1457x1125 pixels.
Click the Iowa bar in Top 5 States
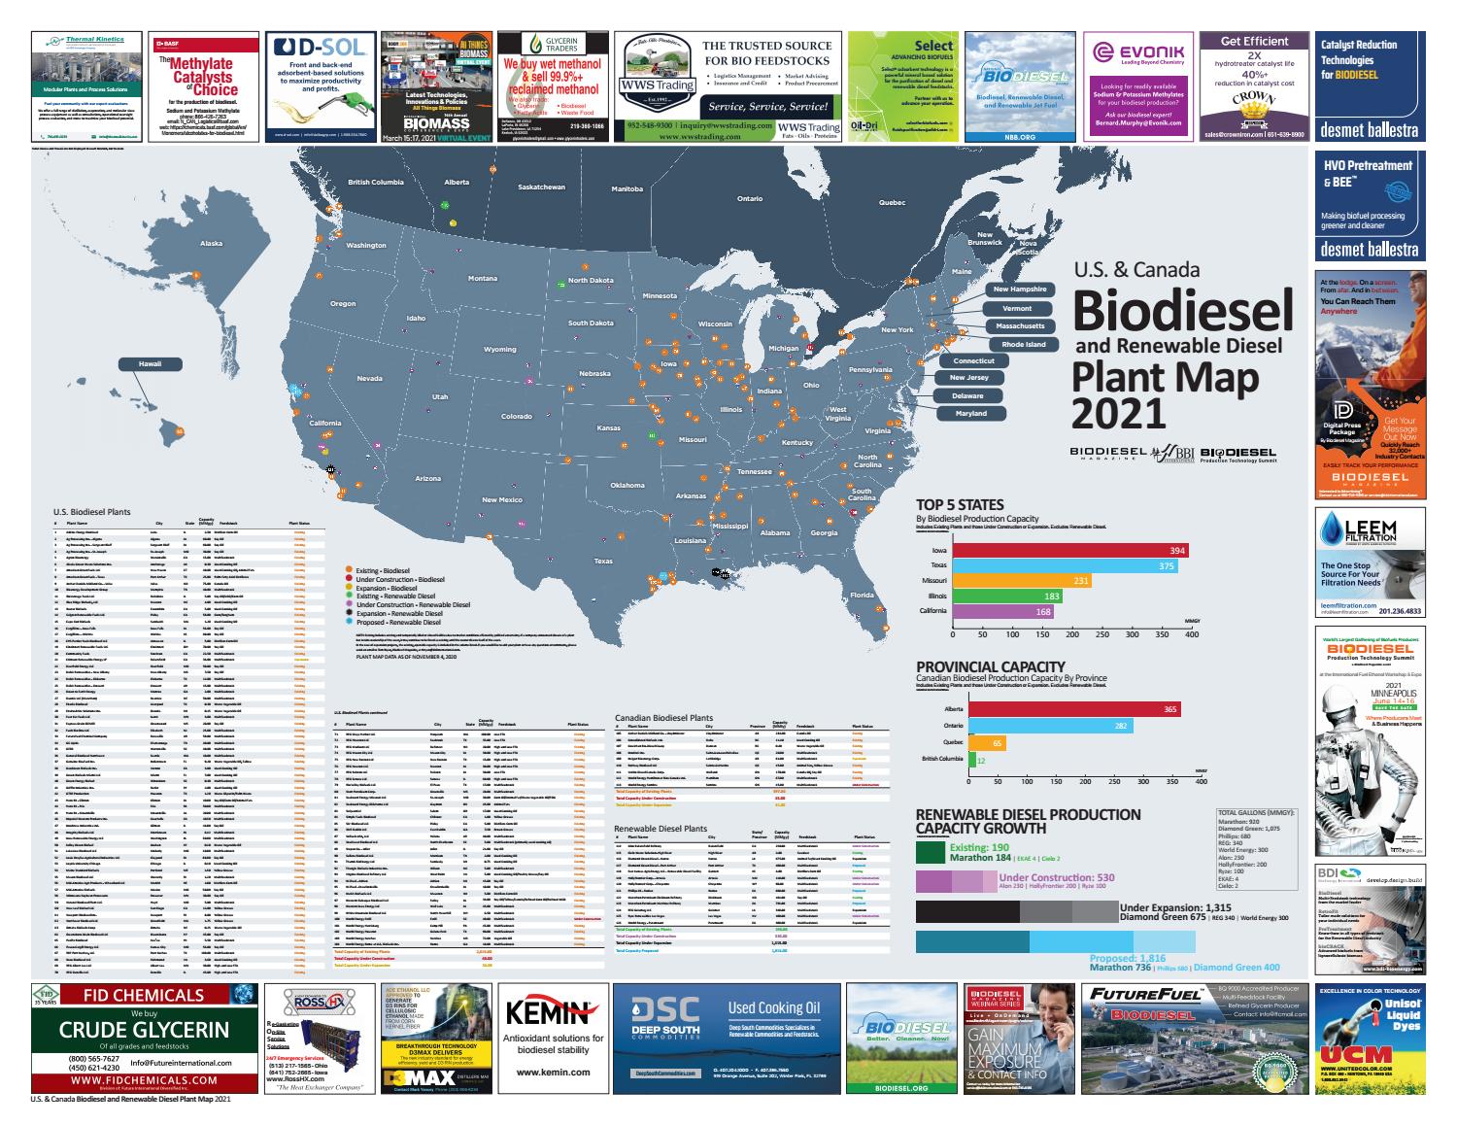pyautogui.click(x=1069, y=551)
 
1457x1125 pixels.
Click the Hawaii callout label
pyautogui.click(x=151, y=364)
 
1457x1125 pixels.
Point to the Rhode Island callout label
pyautogui.click(x=1024, y=344)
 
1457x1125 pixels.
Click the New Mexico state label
pyautogui.click(x=502, y=499)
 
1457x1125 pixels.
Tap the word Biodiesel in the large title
pyautogui.click(x=1182, y=310)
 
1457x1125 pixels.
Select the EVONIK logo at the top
pyautogui.click(x=1137, y=52)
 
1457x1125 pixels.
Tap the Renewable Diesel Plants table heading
pyautogui.click(x=661, y=829)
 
